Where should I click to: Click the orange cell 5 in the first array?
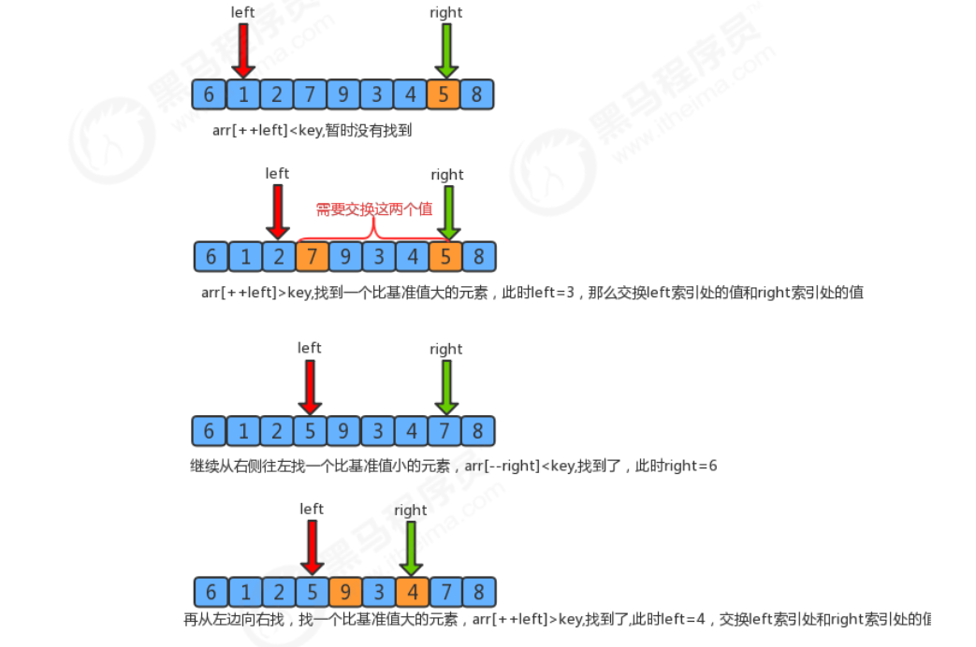444,94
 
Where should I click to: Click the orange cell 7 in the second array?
312,256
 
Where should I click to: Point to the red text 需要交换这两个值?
373,208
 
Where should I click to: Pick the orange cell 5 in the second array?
446,256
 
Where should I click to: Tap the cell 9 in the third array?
343,431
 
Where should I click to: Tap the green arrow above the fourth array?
410,548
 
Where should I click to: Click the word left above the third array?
310,348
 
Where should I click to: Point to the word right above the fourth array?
410,510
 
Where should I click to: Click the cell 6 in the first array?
209,94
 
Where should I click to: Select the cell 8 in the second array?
479,256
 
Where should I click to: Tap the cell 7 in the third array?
444,431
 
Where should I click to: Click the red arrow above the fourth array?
312,548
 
